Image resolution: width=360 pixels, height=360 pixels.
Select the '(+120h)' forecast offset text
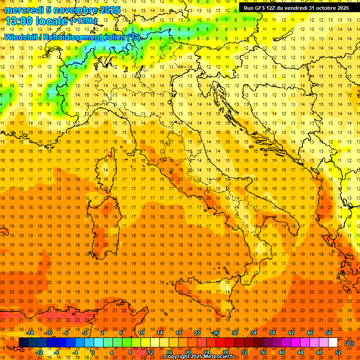pos(83,21)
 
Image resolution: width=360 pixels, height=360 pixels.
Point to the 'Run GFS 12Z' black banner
pos(296,7)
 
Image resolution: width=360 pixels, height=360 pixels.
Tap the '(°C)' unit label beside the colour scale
pos(349,343)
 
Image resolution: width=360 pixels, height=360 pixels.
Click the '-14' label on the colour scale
pos(30,333)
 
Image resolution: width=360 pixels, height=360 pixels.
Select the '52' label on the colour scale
pos(338,352)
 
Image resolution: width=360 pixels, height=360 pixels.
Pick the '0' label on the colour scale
pos(92,352)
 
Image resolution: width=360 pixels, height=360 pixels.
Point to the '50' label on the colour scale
pos(329,333)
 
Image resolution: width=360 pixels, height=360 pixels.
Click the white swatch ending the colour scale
pos(333,343)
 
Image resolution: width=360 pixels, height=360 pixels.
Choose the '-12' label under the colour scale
pos(39,352)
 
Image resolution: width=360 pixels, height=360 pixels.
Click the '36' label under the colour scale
pos(262,352)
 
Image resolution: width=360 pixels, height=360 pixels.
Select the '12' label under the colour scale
pos(150,352)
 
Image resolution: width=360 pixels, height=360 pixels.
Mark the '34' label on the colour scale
pos(254,333)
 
